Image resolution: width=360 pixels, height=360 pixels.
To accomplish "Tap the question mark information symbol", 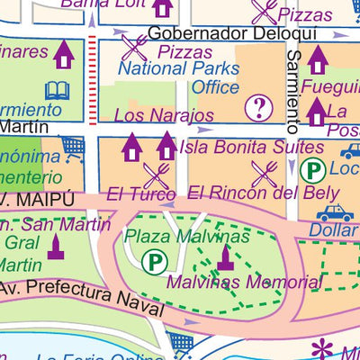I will pos(259,108).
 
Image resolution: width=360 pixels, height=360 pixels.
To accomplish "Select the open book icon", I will pos(58,90).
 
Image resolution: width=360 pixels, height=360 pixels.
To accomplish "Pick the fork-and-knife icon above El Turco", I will pos(157,175).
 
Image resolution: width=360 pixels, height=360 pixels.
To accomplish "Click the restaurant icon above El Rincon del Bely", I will pos(265,173).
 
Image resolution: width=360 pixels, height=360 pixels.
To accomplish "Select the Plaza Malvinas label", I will pos(186,236).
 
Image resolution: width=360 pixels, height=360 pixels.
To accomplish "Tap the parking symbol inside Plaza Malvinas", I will pos(154,262).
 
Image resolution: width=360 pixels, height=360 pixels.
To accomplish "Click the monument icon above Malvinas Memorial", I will pos(225,258).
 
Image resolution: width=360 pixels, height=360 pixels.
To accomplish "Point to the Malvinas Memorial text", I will pos(244,283).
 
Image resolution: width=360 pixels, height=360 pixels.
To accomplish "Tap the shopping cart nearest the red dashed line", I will pos(74,146).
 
